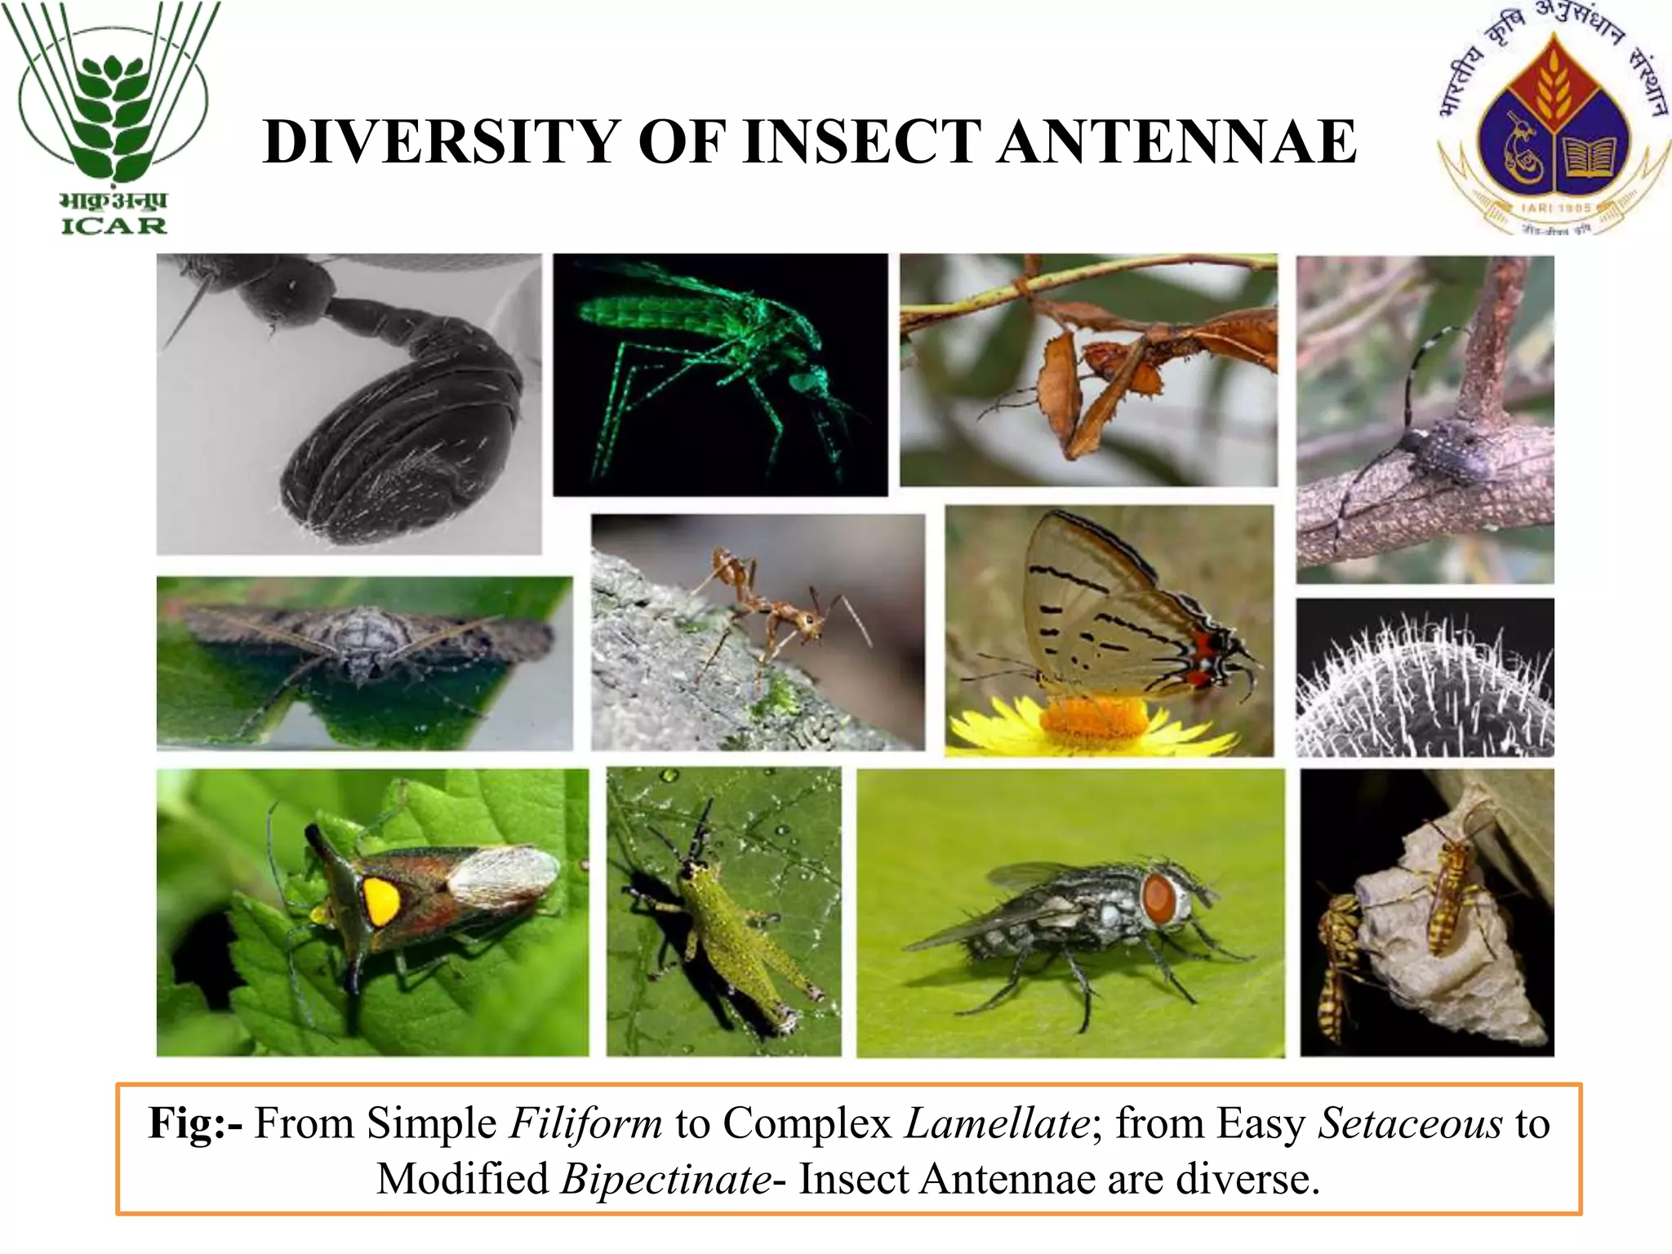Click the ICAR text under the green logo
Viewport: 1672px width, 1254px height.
coord(114,225)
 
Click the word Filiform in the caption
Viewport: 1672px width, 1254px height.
coord(585,1123)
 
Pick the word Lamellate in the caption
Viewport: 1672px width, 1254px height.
coord(997,1123)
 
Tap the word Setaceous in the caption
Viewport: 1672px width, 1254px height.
coord(1410,1123)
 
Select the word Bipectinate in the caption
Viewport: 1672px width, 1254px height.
coord(666,1179)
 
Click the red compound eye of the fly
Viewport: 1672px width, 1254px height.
coord(1158,899)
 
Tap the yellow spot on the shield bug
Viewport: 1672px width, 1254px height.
coord(380,901)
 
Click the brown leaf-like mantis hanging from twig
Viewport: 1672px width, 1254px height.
coord(1118,367)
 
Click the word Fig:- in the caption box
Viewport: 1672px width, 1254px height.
coord(194,1123)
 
